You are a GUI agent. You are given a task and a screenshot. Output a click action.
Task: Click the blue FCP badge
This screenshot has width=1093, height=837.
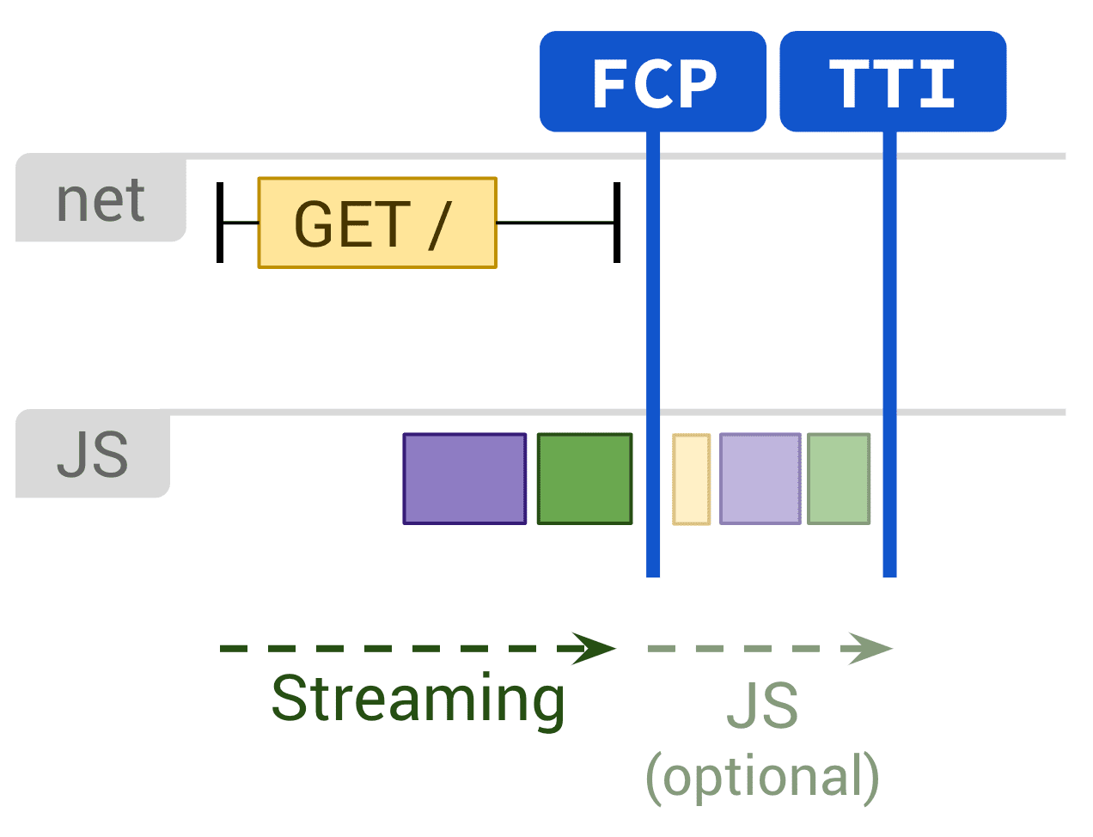652,82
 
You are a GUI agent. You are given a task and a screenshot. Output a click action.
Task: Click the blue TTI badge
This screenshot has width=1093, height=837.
892,82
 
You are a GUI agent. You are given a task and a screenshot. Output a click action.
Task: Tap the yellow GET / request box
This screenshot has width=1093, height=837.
376,223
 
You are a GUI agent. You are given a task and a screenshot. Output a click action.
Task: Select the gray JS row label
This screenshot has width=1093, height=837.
93,455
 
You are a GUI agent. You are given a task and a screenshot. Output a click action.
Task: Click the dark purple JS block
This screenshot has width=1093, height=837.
464,479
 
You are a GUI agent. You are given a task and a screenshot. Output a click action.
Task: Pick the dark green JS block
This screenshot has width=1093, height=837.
584,479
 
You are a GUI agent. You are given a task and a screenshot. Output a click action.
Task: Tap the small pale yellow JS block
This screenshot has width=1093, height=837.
691,479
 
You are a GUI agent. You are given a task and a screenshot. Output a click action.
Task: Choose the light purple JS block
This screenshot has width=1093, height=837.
760,479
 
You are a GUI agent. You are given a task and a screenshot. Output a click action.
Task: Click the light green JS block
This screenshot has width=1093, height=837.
839,479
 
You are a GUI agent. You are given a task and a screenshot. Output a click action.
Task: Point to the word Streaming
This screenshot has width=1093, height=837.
418,699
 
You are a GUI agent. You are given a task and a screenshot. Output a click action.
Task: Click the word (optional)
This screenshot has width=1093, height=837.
762,777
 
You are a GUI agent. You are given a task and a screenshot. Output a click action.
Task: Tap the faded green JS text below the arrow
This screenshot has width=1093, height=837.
762,706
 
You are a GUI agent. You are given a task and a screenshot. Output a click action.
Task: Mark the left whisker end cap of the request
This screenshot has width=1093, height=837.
220,223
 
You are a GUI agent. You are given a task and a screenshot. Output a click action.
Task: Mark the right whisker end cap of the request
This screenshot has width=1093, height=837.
617,223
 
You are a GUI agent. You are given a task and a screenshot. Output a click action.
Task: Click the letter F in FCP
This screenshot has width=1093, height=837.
610,84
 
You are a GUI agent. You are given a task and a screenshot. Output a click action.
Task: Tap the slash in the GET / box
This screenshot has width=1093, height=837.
439,224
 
